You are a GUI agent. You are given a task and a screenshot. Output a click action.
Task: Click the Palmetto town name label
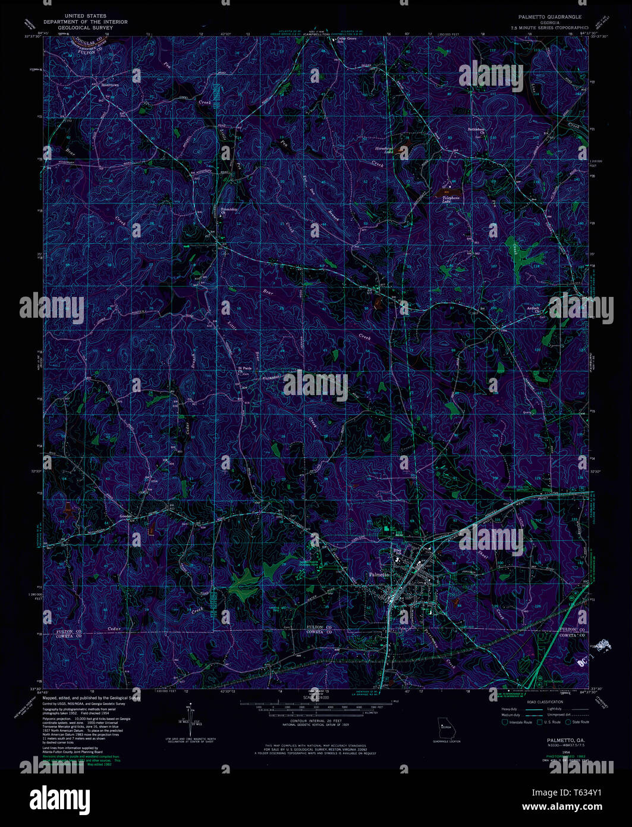pyautogui.click(x=379, y=575)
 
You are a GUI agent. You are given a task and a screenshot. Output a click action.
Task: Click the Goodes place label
pyautogui.click(x=125, y=516)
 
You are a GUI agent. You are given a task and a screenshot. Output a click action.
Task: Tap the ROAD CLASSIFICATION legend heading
pyautogui.click(x=545, y=703)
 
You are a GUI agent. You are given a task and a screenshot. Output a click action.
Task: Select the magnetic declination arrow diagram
pyautogui.click(x=191, y=714)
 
